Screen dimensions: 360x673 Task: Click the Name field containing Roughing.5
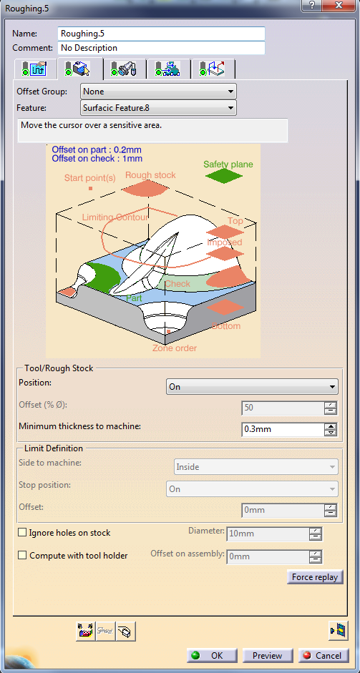[x=161, y=34]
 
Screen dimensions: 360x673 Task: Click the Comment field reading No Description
[x=161, y=48]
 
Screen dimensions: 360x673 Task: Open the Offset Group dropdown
[x=158, y=92]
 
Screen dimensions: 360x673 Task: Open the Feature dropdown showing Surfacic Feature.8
[x=158, y=108]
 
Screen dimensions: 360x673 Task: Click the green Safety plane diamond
[x=223, y=176]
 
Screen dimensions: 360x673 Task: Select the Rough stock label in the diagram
[x=150, y=175]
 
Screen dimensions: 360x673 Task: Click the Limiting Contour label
[x=115, y=217]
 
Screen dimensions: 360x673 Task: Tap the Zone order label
[x=175, y=348]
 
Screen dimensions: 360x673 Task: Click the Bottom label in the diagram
[x=226, y=326]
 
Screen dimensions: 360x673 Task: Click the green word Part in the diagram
[x=134, y=298]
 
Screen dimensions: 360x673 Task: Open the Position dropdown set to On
[x=252, y=387]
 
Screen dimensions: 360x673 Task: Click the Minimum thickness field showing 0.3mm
[x=283, y=429]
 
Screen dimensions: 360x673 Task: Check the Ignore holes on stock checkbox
[x=22, y=533]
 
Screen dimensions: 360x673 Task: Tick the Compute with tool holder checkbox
[x=22, y=556]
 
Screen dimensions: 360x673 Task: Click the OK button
[x=212, y=655]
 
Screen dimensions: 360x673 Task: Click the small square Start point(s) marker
[x=90, y=188]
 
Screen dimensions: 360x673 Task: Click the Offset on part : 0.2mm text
[x=97, y=149]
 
